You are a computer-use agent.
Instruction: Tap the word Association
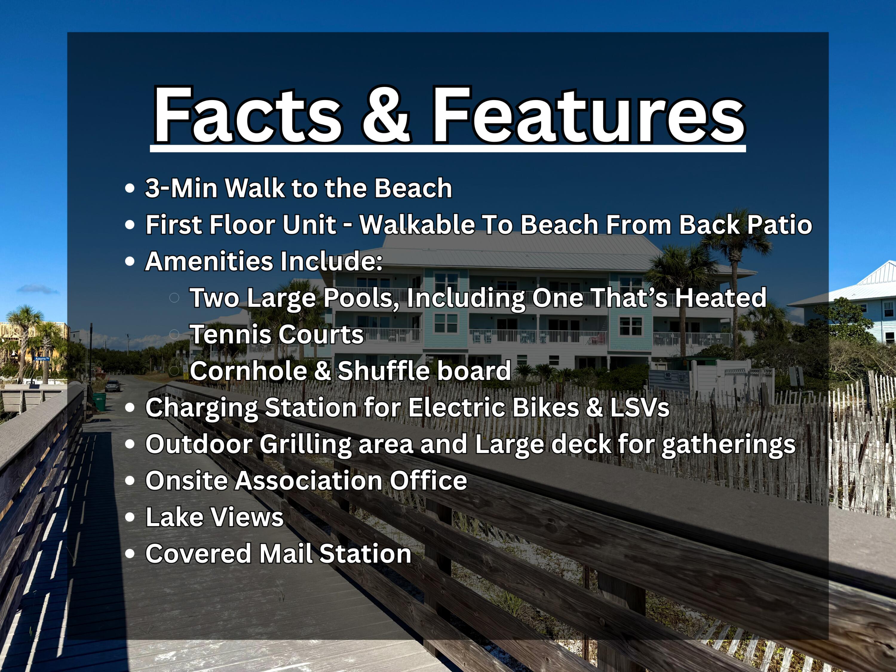pos(308,480)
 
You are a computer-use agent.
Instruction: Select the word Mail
pos(285,553)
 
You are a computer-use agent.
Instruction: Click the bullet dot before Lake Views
pos(130,517)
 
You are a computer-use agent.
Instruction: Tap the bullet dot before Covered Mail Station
pos(130,554)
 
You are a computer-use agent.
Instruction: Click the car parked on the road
pos(112,386)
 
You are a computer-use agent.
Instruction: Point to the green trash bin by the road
pos(99,401)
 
